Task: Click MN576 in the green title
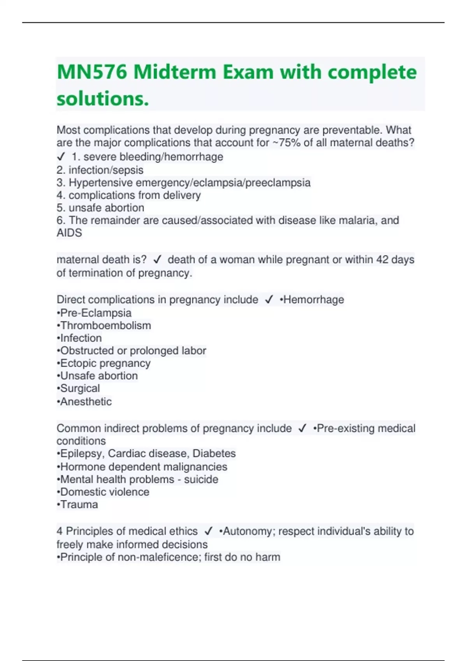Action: pyautogui.click(x=92, y=72)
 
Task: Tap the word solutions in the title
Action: pyautogui.click(x=102, y=99)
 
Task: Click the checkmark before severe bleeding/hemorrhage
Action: pyautogui.click(x=61, y=157)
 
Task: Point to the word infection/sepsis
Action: pyautogui.click(x=106, y=170)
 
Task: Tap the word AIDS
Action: pyautogui.click(x=69, y=233)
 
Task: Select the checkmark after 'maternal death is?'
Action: pyautogui.click(x=157, y=259)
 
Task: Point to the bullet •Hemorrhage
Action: pyautogui.click(x=312, y=299)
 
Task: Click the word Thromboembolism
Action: pyautogui.click(x=105, y=325)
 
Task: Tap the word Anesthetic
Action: pyautogui.click(x=86, y=402)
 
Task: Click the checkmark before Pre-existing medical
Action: pyautogui.click(x=302, y=428)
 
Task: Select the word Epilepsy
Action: pyautogui.click(x=81, y=453)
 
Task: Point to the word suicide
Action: pyautogui.click(x=201, y=479)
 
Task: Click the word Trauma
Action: pyautogui.click(x=79, y=505)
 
